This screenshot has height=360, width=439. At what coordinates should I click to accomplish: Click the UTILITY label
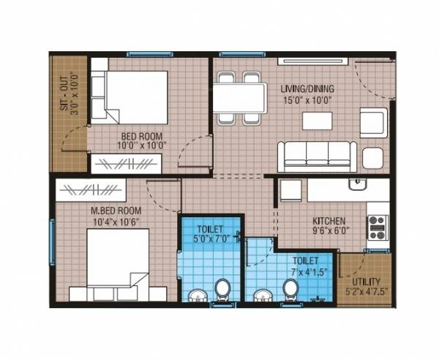365,281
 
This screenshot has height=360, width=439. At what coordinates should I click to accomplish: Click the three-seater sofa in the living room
317,154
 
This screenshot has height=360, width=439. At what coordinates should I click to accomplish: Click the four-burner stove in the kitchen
378,228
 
